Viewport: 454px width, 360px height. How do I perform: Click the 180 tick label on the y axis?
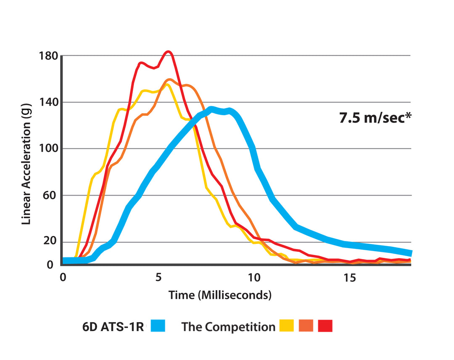(x=48, y=56)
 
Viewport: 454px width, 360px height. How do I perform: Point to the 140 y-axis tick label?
(x=48, y=102)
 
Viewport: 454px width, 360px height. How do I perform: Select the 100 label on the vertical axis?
(x=48, y=149)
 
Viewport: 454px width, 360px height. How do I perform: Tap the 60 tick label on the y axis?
(x=50, y=196)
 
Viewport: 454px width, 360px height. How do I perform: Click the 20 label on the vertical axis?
(x=50, y=242)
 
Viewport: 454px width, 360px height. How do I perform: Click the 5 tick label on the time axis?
(x=158, y=278)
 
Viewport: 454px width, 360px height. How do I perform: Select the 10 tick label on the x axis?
(x=253, y=278)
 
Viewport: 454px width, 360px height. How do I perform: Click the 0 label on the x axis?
(x=63, y=278)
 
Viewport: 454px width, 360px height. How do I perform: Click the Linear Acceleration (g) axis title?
(x=26, y=164)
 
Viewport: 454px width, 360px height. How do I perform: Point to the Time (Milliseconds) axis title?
(x=220, y=295)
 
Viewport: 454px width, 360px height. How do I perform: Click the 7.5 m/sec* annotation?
(x=375, y=118)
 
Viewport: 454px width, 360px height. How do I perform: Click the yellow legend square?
(x=286, y=326)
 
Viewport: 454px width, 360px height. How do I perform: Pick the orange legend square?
(x=306, y=326)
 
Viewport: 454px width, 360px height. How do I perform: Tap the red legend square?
(x=325, y=326)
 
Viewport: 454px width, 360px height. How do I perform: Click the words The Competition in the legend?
(x=228, y=327)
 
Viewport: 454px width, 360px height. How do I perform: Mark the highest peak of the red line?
(x=168, y=52)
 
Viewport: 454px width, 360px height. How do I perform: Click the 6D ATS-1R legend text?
(x=113, y=327)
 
